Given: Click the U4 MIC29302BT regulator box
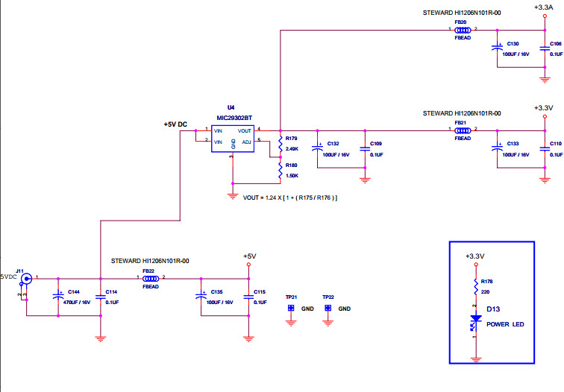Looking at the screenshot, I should click(x=233, y=139).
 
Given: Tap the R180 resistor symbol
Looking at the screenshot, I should click(x=280, y=171).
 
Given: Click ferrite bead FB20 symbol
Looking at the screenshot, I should click(x=463, y=31).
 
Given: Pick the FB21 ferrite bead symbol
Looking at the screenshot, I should click(x=463, y=130).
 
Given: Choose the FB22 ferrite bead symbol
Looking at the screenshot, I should click(x=151, y=278).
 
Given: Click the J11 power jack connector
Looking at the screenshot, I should click(x=26, y=279).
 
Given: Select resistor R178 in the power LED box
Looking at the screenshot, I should click(x=475, y=286).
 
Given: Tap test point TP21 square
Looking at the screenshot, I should click(x=291, y=308).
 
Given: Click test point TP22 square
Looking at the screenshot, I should click(x=328, y=308).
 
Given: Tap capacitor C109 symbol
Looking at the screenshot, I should click(x=365, y=148).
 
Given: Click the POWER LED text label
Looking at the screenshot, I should click(x=506, y=324).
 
